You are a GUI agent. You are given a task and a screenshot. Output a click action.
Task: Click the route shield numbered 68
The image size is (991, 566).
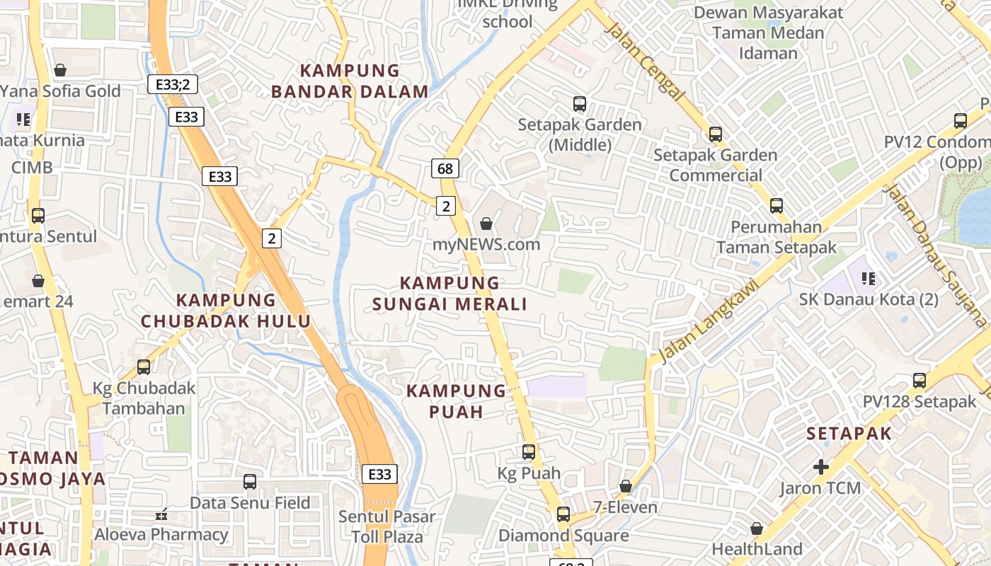pyautogui.click(x=445, y=168)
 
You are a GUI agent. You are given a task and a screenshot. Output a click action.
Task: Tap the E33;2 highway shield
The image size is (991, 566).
pyautogui.click(x=173, y=84)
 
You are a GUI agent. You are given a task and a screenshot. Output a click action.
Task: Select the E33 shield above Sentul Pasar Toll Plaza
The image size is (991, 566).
pyautogui.click(x=379, y=473)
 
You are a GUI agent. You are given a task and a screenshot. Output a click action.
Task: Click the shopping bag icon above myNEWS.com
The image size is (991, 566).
pyautogui.click(x=486, y=224)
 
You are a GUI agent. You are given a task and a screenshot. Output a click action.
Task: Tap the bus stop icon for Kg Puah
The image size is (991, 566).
pyautogui.click(x=529, y=451)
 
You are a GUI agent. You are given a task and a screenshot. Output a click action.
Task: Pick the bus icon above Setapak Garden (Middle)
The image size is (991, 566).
pyautogui.click(x=580, y=104)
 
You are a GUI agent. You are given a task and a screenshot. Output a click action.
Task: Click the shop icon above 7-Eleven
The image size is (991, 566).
pyautogui.click(x=625, y=486)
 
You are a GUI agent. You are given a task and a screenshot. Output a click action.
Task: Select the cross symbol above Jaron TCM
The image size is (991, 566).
pyautogui.click(x=821, y=467)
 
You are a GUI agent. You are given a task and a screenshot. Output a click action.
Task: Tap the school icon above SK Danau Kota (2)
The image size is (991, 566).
pyautogui.click(x=869, y=278)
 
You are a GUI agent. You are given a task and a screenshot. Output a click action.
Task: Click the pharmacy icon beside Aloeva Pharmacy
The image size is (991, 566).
pyautogui.click(x=161, y=514)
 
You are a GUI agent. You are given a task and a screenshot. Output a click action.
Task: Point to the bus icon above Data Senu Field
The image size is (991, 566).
pyautogui.click(x=250, y=482)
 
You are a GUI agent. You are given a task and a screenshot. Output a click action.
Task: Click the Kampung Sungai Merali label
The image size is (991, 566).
pyautogui.click(x=449, y=294)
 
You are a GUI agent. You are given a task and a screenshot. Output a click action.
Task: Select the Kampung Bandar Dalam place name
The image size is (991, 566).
pyautogui.click(x=350, y=81)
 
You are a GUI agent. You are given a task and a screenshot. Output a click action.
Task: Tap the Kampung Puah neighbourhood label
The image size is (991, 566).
pyautogui.click(x=457, y=401)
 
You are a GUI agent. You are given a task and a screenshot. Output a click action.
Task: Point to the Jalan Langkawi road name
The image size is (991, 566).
pyautogui.click(x=709, y=318)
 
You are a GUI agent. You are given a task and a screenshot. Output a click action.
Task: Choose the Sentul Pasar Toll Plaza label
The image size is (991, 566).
pyautogui.click(x=386, y=526)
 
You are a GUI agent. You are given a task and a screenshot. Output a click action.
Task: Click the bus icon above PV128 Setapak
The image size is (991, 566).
pyautogui.click(x=920, y=381)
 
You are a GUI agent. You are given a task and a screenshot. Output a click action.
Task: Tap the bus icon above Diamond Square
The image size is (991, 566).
pyautogui.click(x=563, y=514)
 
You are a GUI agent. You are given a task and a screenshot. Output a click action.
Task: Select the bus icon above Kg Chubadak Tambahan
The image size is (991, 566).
pyautogui.click(x=144, y=367)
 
